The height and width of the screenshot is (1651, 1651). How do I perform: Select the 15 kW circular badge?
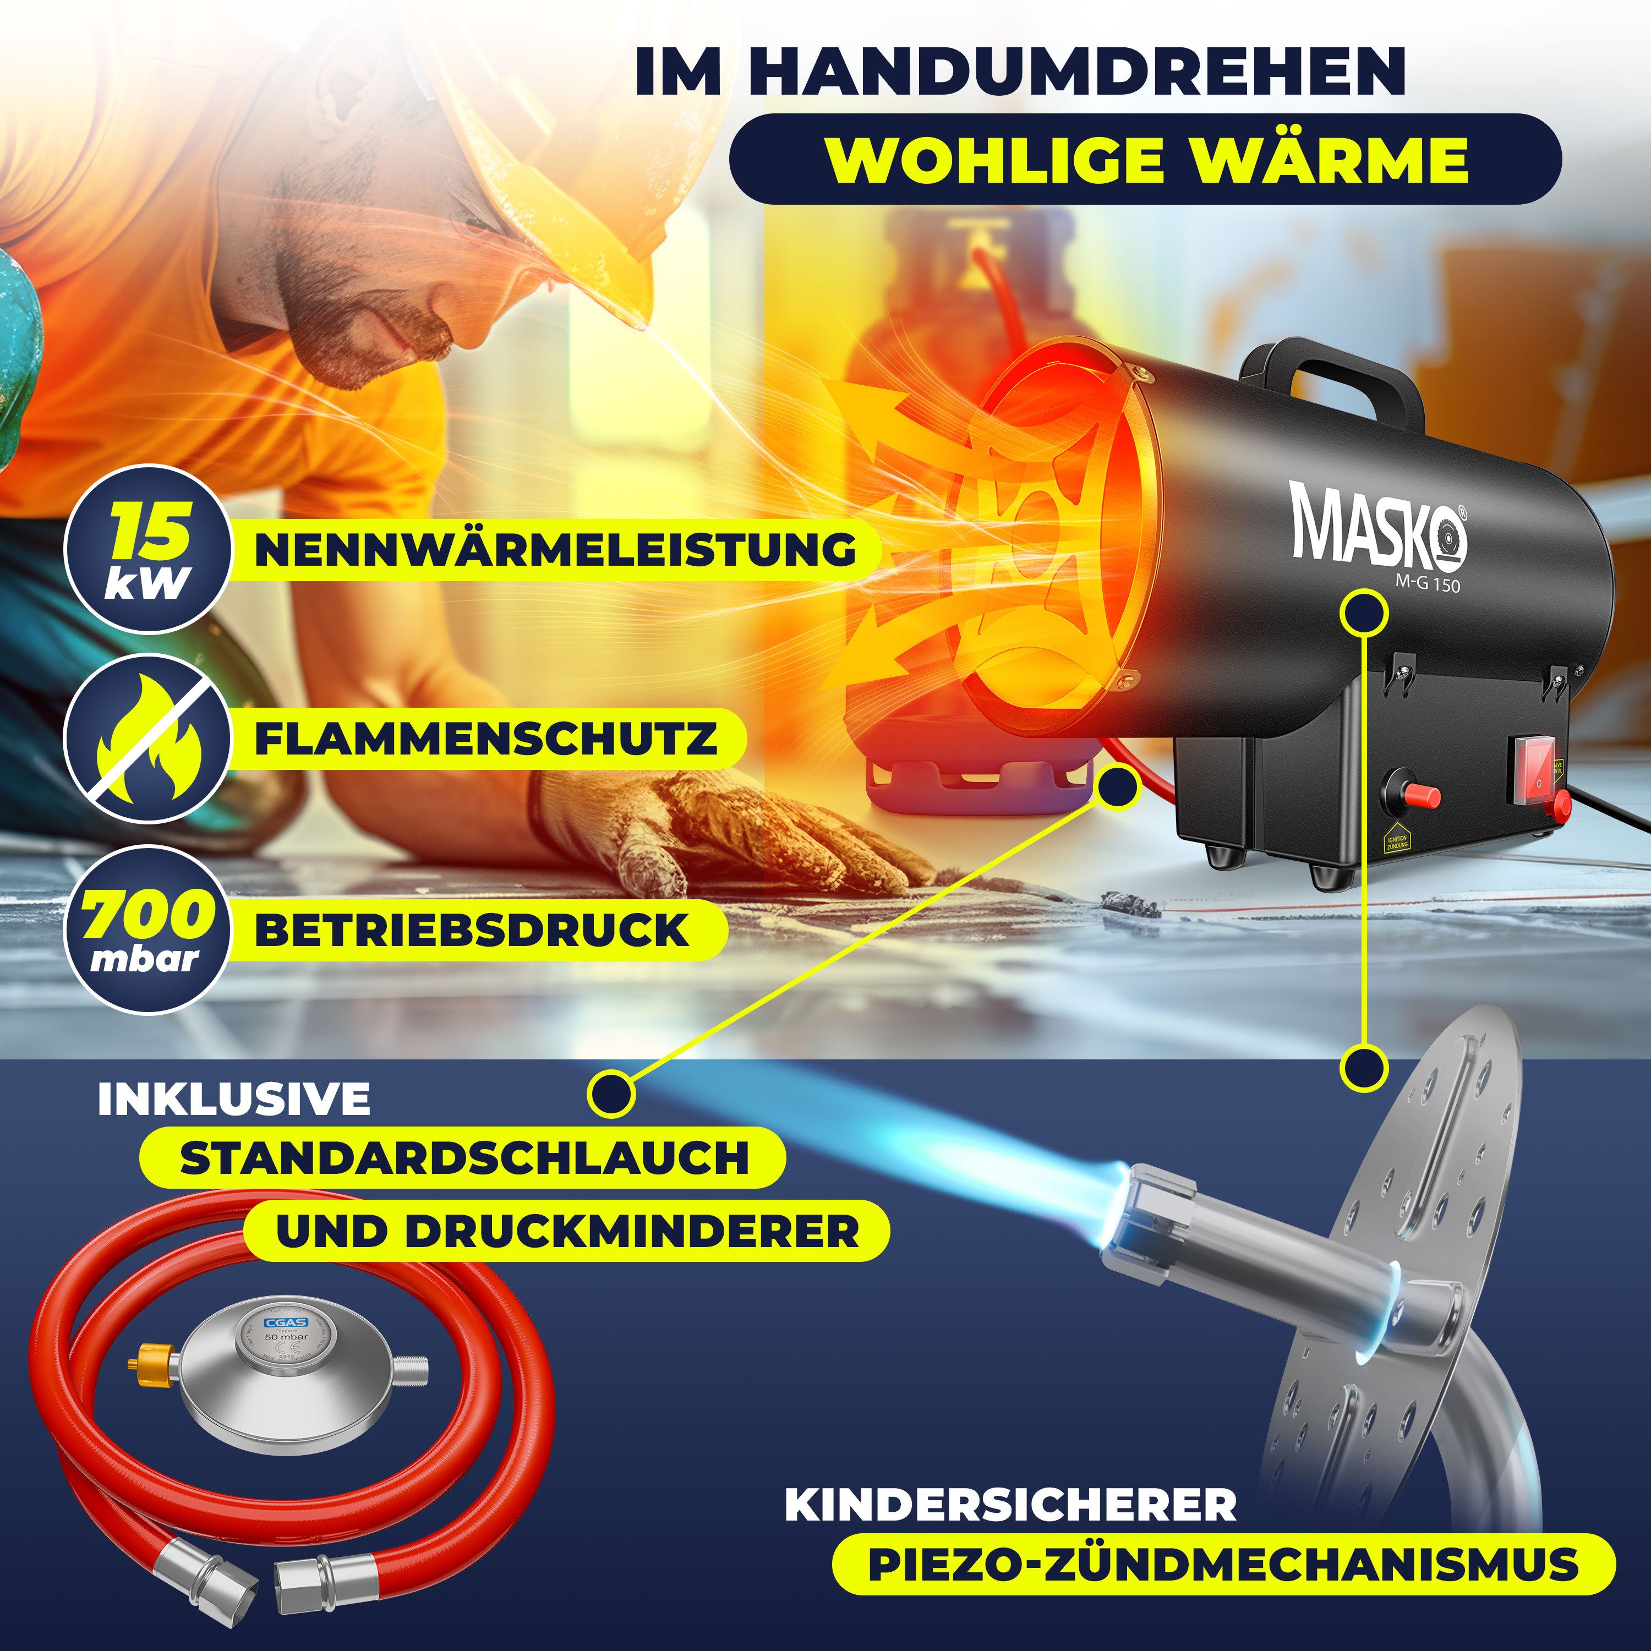pyautogui.click(x=147, y=549)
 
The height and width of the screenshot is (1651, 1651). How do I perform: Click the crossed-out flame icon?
pyautogui.click(x=147, y=739)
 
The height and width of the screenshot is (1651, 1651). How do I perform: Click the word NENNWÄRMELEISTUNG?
pyautogui.click(x=555, y=549)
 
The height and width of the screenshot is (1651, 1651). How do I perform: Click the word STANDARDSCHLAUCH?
pyautogui.click(x=464, y=1157)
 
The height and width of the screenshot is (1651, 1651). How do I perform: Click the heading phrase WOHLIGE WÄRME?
pyautogui.click(x=1145, y=159)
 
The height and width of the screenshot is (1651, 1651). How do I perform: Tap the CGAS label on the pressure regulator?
pyautogui.click(x=286, y=1322)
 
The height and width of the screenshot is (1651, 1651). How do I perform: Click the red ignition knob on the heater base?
pyautogui.click(x=1423, y=798)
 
